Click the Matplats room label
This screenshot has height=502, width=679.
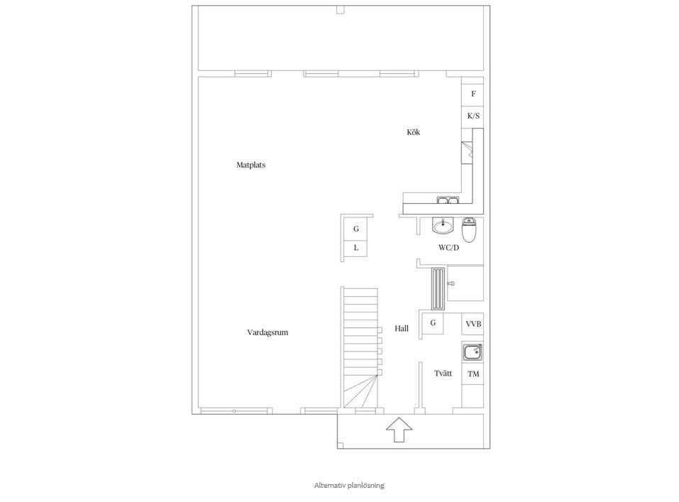[x=250, y=165]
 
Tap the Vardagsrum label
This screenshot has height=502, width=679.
[x=267, y=332]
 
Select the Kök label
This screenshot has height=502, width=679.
[x=413, y=132]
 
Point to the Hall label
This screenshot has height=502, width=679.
[x=402, y=329]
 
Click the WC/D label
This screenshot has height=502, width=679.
[x=448, y=248]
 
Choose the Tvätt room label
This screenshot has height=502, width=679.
[x=443, y=373]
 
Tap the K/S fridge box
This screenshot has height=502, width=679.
[x=473, y=117]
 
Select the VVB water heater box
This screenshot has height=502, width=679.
[x=473, y=324]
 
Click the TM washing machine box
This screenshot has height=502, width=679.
[x=473, y=373]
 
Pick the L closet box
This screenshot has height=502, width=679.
[x=355, y=249]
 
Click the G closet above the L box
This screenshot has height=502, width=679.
[x=355, y=229]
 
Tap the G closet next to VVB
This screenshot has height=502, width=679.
[x=433, y=323]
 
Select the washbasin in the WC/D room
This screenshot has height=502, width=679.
[x=442, y=225]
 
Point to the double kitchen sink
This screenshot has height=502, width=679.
[x=448, y=200]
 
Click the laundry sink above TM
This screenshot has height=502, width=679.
[x=473, y=351]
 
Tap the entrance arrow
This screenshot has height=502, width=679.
[x=399, y=430]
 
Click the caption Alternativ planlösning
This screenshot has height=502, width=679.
[x=349, y=486]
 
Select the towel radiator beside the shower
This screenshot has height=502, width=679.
[x=438, y=289]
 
